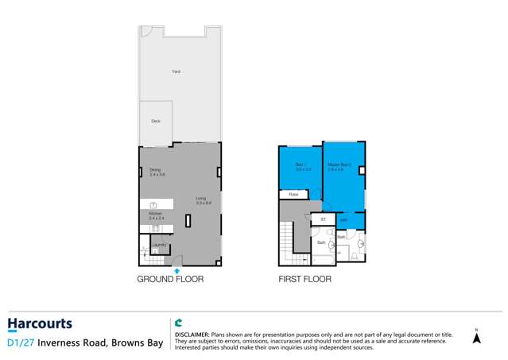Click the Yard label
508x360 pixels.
[x=176, y=72]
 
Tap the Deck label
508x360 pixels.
[x=156, y=122]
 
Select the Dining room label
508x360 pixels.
[x=155, y=170]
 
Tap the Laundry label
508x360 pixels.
[x=158, y=245]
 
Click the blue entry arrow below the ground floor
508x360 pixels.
[x=176, y=270]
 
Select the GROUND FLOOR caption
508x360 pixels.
[x=170, y=280]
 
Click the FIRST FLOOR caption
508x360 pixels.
[x=304, y=280]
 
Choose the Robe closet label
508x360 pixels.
[x=293, y=194]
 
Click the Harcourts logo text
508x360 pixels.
[x=40, y=324]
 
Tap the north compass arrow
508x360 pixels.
[x=476, y=337]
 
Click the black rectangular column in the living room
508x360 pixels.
[x=188, y=221]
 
